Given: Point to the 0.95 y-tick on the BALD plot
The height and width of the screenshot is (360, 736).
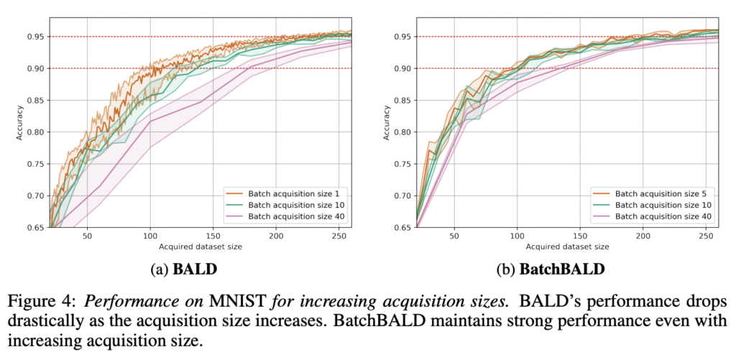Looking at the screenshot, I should pos(34,37).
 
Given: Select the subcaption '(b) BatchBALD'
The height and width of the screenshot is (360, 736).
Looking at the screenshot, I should pos(551,271).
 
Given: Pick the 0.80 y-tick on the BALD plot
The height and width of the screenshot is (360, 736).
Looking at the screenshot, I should pos(34,132).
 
